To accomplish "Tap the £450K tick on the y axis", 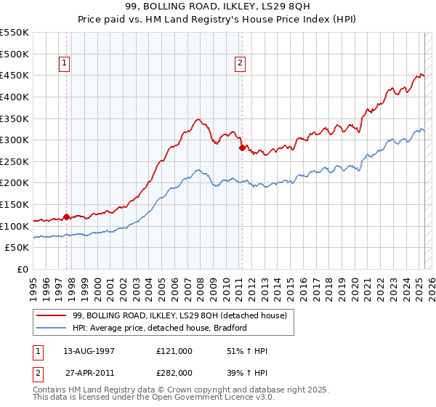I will (x=15, y=75).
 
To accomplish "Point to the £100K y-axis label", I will (x=15, y=226).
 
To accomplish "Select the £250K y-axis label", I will (x=15, y=161).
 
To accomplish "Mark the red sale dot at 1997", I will (x=66, y=217).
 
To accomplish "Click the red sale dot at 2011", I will (x=241, y=147).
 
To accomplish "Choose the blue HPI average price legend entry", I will (x=161, y=328).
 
